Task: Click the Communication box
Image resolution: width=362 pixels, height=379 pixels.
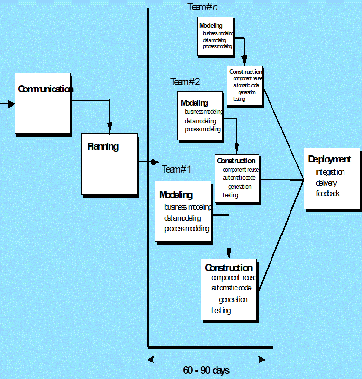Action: click(43, 103)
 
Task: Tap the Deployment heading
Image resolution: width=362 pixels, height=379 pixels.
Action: click(329, 159)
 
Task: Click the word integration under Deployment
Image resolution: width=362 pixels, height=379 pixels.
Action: click(330, 172)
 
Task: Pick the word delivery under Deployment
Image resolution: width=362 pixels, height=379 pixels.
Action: click(326, 183)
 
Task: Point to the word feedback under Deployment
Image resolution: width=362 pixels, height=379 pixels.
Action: click(327, 194)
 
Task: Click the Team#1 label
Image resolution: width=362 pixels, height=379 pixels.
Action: click(177, 169)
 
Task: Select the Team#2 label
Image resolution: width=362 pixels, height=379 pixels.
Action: click(185, 82)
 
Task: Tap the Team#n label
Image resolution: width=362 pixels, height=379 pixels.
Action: click(203, 7)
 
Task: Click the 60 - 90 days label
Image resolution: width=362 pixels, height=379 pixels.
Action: click(206, 371)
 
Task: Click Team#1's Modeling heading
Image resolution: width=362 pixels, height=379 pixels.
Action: click(176, 195)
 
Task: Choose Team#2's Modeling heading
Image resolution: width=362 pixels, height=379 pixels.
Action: click(194, 103)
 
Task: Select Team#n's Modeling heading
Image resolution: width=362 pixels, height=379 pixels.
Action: click(211, 25)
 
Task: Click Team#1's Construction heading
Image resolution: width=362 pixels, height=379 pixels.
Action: click(229, 268)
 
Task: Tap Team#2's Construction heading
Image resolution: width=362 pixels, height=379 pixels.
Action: click(236, 161)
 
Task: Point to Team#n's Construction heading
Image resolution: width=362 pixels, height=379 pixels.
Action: click(245, 72)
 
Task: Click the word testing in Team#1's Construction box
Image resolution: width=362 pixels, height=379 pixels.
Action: click(221, 310)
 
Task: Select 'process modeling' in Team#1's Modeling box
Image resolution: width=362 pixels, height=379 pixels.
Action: click(187, 229)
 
